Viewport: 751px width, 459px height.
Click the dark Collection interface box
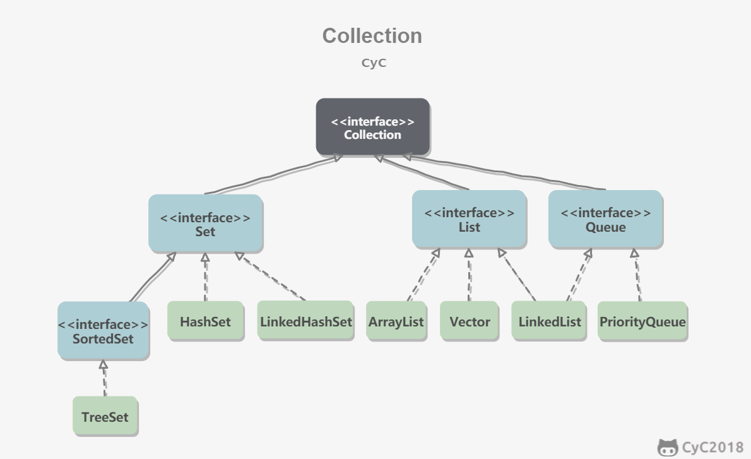pos(372,128)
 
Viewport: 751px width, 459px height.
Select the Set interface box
pos(206,224)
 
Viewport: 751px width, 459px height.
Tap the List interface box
pos(470,220)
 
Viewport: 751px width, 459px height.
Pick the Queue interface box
pos(606,220)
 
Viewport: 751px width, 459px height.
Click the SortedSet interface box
pos(103,331)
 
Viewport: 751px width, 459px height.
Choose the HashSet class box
pos(206,321)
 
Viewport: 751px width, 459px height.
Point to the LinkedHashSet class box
pos(306,321)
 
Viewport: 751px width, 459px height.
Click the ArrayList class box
pos(396,321)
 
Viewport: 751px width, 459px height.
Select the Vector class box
pos(470,321)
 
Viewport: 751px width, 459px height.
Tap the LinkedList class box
pos(549,321)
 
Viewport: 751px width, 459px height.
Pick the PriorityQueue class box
pos(642,321)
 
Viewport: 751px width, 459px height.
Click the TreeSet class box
pos(105,416)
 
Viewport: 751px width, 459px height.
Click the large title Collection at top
pos(372,36)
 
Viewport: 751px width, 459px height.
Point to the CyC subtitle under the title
pos(374,63)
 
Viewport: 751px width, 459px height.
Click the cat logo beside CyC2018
pos(668,448)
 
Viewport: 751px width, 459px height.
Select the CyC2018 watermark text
pos(713,448)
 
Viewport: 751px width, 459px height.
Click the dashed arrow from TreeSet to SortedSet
pos(104,379)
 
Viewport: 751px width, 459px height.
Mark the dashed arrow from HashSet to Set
pos(206,277)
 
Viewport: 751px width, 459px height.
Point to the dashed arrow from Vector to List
pos(469,275)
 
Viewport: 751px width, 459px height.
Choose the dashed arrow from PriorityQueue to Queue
pos(637,275)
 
